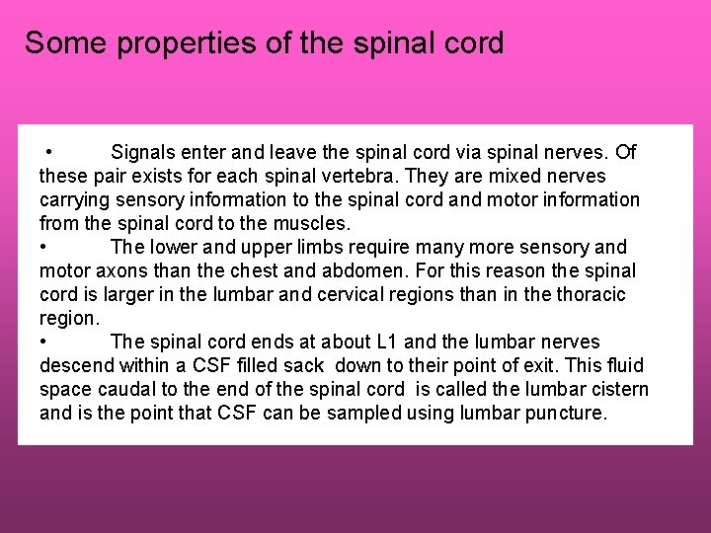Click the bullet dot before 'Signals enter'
[47, 152]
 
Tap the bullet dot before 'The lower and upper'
[44, 247]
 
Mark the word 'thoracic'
[590, 294]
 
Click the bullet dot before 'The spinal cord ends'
[44, 342]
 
